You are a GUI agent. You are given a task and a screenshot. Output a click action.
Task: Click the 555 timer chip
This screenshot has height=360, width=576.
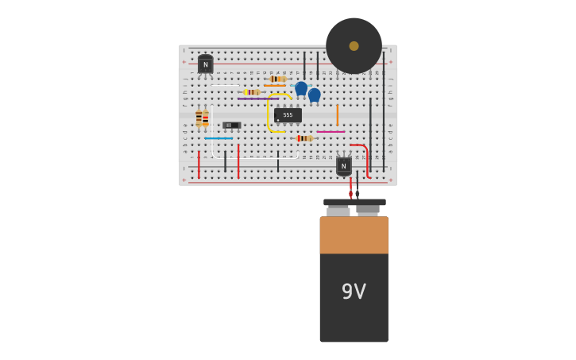(288, 115)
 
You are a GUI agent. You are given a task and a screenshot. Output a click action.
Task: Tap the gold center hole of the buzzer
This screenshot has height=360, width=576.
(354, 46)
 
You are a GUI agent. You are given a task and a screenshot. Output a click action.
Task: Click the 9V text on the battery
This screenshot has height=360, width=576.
(354, 292)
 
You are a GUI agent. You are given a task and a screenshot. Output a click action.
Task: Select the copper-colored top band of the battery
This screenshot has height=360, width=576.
(354, 234)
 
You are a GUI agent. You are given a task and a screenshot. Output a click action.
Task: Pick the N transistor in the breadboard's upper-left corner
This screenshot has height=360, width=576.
(206, 64)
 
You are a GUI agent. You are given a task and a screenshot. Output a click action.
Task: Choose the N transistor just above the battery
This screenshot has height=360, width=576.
(343, 165)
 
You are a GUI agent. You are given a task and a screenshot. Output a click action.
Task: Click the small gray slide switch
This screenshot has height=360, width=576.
(231, 125)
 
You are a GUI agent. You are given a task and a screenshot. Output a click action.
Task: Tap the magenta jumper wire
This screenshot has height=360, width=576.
(330, 132)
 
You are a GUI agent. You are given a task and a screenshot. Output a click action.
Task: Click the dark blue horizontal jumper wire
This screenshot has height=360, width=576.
(218, 138)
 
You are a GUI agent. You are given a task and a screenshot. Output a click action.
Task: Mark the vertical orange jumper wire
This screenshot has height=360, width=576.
(337, 115)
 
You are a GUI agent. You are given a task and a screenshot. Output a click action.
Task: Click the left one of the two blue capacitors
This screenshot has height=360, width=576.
(301, 88)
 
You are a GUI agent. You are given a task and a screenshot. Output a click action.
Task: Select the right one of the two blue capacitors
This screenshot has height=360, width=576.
(315, 95)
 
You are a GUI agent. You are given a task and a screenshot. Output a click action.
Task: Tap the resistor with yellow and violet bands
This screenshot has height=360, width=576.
(251, 92)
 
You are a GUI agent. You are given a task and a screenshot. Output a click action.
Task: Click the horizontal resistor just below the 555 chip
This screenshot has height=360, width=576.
(303, 138)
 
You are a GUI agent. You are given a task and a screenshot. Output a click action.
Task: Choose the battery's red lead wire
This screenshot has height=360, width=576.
(350, 188)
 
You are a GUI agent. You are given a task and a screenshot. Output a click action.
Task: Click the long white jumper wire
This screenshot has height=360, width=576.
(254, 157)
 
